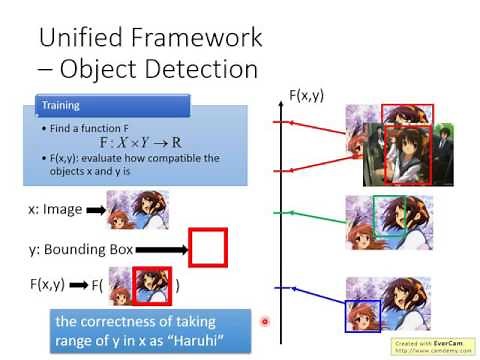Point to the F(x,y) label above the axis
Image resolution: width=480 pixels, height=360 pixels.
(x=307, y=95)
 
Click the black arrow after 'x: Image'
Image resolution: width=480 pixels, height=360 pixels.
(x=95, y=211)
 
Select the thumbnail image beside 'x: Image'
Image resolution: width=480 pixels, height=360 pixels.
(x=136, y=210)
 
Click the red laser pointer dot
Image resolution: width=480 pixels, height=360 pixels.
(x=265, y=322)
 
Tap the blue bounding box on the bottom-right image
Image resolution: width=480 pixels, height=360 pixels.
(x=363, y=314)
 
